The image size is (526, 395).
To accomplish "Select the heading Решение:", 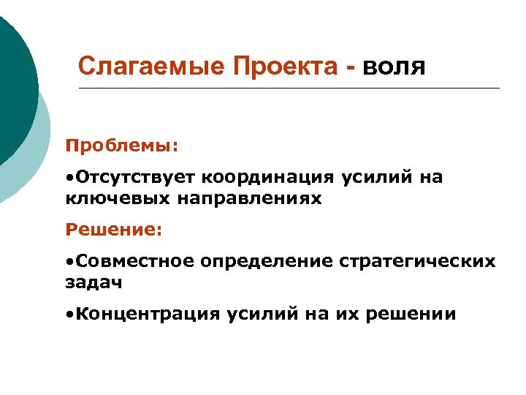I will (113, 230).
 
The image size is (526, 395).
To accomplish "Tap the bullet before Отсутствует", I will (68, 178).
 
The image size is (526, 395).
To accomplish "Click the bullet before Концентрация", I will (68, 315).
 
